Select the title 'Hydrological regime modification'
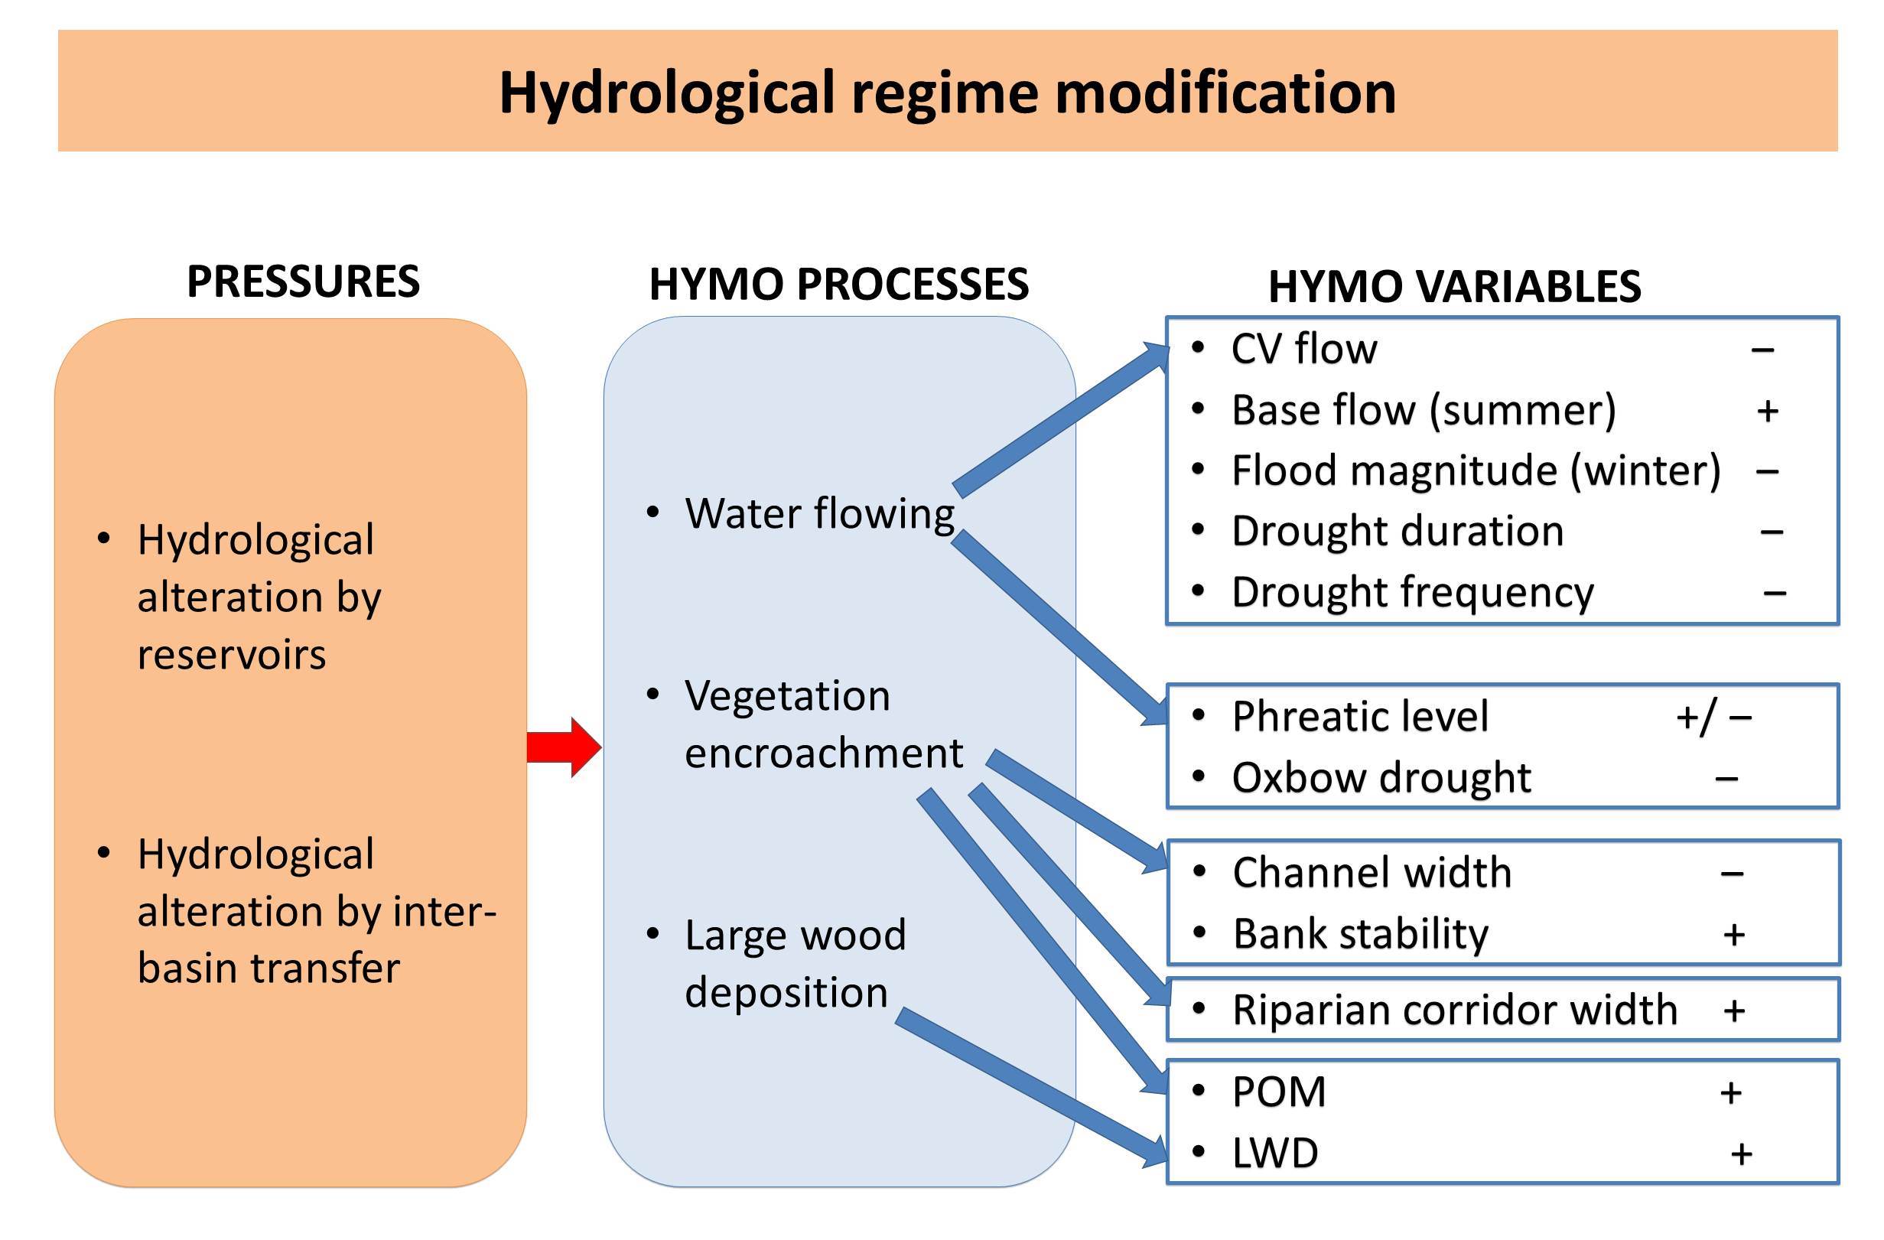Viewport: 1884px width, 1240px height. [x=948, y=93]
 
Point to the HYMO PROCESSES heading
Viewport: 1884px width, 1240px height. [x=838, y=285]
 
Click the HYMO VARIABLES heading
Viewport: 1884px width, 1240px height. [x=1454, y=287]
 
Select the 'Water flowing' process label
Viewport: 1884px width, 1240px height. [x=819, y=513]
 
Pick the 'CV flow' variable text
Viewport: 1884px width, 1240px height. [x=1303, y=348]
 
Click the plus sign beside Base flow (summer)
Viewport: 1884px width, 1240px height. [x=1767, y=411]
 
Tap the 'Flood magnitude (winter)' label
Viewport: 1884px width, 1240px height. [x=1476, y=470]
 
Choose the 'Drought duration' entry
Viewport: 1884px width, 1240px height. [x=1398, y=531]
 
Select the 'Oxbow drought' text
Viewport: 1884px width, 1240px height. [x=1381, y=777]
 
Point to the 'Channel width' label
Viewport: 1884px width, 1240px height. [x=1372, y=873]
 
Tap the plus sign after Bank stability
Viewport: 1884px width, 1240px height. [x=1733, y=934]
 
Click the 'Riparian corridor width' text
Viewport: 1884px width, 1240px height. [x=1454, y=1011]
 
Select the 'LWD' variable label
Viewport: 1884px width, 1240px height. [x=1275, y=1154]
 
